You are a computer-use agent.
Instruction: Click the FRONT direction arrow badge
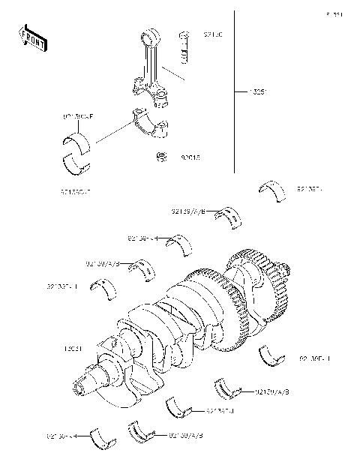click(x=33, y=38)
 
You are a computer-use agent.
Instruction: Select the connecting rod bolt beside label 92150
click(x=184, y=48)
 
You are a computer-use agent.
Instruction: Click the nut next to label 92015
click(x=160, y=157)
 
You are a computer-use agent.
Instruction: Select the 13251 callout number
click(x=259, y=93)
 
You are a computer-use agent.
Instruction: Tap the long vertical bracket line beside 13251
click(x=239, y=90)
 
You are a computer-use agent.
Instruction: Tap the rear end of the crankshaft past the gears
click(x=284, y=270)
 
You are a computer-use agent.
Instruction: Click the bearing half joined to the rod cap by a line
click(x=77, y=140)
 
